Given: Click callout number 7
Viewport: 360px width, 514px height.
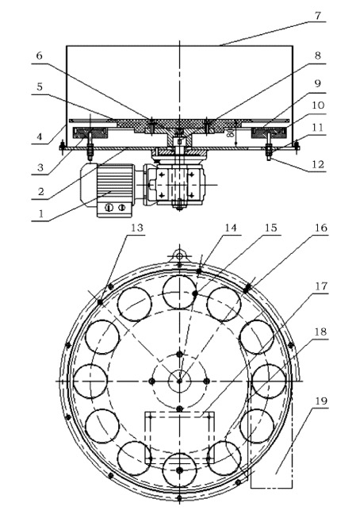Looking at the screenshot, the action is point(317,15).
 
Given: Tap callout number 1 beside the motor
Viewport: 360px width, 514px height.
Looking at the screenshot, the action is point(41,213).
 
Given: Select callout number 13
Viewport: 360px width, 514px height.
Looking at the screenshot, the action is point(137,228).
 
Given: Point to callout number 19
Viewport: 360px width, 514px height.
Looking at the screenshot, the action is point(320,401).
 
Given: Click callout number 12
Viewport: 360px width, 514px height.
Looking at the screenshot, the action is point(317,164).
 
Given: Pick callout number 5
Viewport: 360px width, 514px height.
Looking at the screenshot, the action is point(40,86).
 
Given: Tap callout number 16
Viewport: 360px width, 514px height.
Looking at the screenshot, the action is point(320,228).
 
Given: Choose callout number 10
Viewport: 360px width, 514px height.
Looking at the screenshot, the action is point(317,105).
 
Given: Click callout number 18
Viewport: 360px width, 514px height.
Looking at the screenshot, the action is point(320,332).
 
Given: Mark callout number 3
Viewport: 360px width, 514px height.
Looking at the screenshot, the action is point(40,167).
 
